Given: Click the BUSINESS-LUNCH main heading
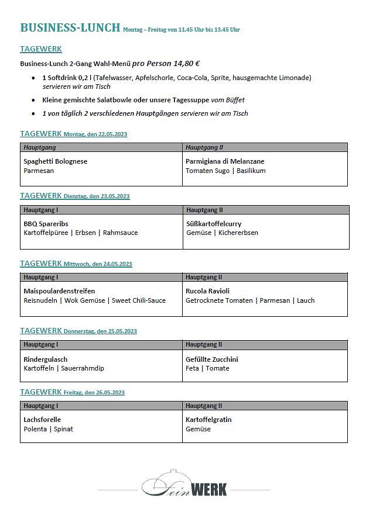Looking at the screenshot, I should coord(70,27).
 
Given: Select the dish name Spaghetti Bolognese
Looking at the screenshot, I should coord(55,161).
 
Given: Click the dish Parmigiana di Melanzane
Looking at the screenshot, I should coord(225,161).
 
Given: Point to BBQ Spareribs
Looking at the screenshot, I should coord(46,223).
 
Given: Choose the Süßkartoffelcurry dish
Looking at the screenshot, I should coord(213,223).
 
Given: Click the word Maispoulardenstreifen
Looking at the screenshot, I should coord(59,291).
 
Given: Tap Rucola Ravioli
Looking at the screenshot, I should coord(207,291).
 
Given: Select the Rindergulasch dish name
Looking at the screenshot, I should coord(45,359).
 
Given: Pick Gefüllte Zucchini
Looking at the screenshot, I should coord(211,359).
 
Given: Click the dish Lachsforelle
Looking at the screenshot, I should coord(42,420).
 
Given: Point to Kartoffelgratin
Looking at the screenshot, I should coord(208,420).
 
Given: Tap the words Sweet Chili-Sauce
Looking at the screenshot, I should coord(139,300).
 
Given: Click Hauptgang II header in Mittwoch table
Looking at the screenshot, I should coord(204,277).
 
